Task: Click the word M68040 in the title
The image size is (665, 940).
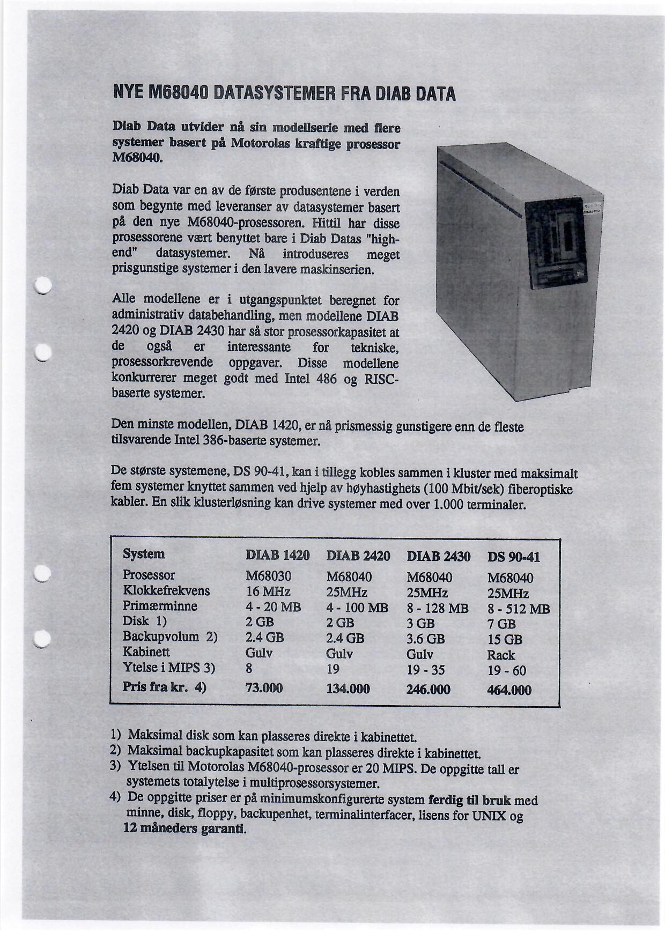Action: coord(177,94)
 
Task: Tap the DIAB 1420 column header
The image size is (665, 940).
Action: coord(277,556)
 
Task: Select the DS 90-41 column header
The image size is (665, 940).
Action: coord(513,557)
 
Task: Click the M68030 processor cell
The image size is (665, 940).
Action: coord(268,576)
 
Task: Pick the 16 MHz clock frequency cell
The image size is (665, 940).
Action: coord(268,591)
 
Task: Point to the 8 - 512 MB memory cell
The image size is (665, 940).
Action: coord(519,609)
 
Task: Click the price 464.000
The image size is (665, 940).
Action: coord(509,690)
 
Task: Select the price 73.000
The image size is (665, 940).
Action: coord(264,688)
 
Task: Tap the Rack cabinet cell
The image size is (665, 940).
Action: coord(501,655)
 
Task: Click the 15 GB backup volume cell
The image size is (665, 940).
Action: coord(505,640)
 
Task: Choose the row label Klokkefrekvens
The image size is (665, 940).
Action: coord(166,591)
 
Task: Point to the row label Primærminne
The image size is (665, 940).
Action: coord(160,606)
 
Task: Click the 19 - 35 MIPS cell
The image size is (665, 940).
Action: coord(426,670)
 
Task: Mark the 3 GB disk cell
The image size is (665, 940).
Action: coord(420,624)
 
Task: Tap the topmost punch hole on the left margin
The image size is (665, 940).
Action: coord(42,285)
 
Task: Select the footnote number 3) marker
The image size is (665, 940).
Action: coord(115,766)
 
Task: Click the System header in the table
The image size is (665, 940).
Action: coord(144,554)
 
